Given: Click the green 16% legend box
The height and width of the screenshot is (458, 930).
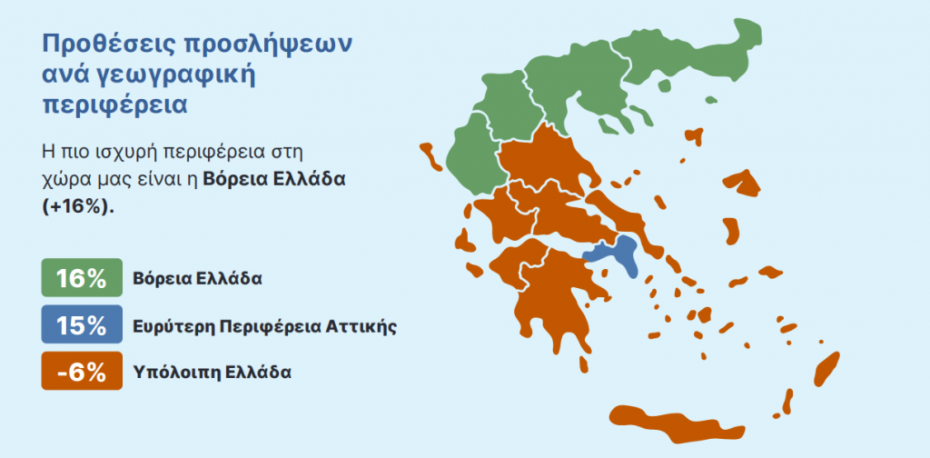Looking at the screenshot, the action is point(82,277).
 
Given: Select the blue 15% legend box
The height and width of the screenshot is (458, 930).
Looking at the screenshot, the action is point(82,324).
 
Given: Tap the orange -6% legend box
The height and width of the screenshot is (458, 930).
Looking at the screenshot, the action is point(82,371).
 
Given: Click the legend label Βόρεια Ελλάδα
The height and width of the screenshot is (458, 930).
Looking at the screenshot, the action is point(197,279).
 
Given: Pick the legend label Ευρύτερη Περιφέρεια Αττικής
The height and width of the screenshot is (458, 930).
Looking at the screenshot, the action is point(264,326).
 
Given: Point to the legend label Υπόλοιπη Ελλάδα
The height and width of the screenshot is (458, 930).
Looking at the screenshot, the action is point(213,373).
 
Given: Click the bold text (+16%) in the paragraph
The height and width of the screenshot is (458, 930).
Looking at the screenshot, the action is point(77,208).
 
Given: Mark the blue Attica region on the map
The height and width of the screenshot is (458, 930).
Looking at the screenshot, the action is point(616,254).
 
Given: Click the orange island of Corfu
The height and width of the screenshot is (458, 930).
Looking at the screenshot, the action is point(430,156).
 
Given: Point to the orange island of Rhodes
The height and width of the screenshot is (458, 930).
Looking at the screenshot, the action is point(826,368).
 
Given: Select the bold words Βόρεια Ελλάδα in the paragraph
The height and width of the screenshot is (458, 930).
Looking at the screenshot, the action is point(274,180).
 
